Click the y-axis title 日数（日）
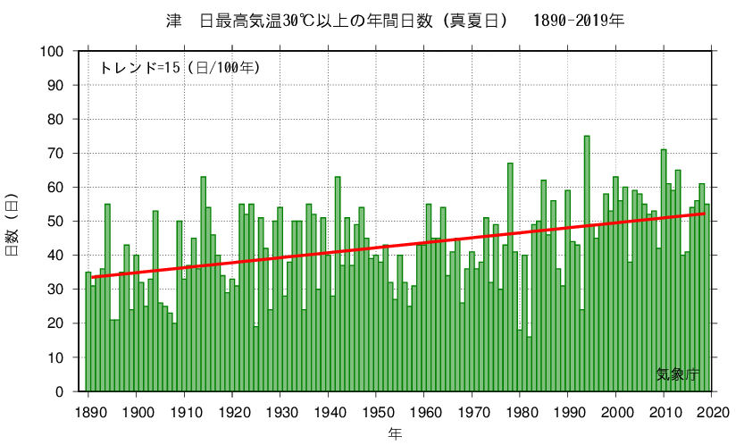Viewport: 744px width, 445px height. (13, 224)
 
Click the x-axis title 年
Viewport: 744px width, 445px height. (395, 433)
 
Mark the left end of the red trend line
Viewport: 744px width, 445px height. (92, 278)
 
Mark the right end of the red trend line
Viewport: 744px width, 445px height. (705, 214)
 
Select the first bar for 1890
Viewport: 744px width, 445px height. (88, 332)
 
